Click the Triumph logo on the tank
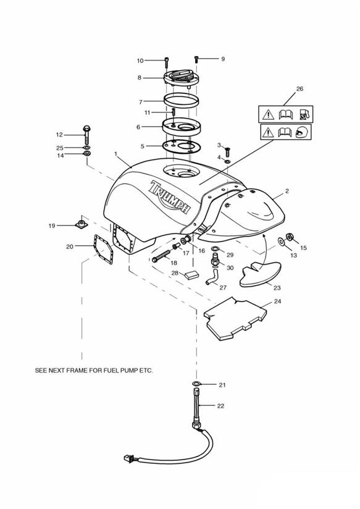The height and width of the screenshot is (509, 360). (169, 197)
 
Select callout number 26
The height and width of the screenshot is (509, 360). (299, 88)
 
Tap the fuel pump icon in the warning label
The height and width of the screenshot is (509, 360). (304, 114)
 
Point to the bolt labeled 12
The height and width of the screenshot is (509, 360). (86, 135)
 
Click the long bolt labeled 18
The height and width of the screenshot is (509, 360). (161, 256)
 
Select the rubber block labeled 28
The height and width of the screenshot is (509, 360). (191, 275)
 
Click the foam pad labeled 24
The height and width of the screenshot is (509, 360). (235, 319)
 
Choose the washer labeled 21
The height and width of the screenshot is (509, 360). (196, 384)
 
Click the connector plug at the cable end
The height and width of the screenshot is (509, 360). (127, 458)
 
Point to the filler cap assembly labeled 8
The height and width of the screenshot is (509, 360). (181, 78)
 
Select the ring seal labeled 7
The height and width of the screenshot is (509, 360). (181, 100)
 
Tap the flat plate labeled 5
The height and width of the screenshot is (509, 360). (181, 146)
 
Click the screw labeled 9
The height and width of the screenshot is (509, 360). (196, 60)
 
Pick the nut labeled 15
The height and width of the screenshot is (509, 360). (289, 237)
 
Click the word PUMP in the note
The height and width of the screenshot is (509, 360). (124, 371)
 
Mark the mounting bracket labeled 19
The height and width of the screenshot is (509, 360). (82, 224)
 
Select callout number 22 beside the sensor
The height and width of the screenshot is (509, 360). (220, 406)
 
